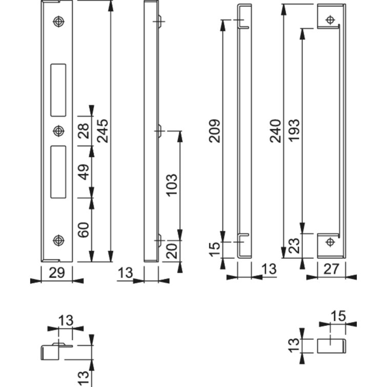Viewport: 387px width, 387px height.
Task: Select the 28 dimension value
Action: [x=84, y=131]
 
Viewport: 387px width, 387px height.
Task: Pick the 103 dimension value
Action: [x=172, y=185]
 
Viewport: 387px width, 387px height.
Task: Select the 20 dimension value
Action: [x=172, y=251]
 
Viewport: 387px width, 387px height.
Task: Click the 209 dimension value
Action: [x=215, y=131]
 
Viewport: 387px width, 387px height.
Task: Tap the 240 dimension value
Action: [x=275, y=131]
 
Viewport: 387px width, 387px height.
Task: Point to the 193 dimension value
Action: [x=294, y=131]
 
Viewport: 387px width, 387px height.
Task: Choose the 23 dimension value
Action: [x=294, y=247]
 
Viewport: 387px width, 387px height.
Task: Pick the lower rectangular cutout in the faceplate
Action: [x=58, y=171]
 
